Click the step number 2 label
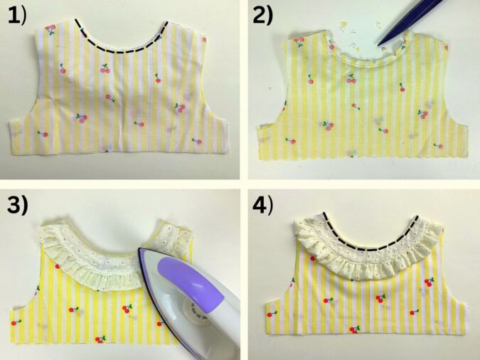(262, 16)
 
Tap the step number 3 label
(18, 205)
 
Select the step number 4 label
(262, 205)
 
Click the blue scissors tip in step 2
(380, 45)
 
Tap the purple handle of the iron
(190, 279)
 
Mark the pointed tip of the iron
(139, 249)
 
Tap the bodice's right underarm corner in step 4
(464, 302)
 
